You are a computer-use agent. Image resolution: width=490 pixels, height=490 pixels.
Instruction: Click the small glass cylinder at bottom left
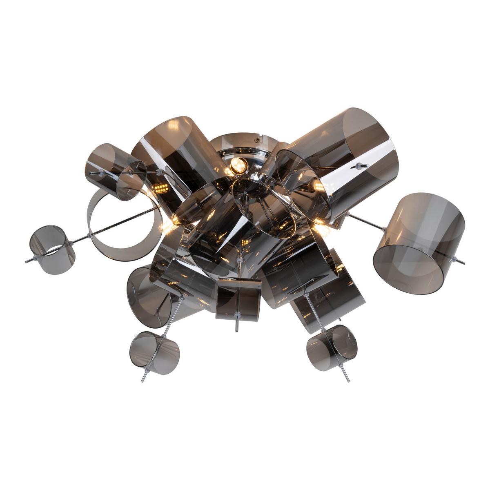click(155, 350)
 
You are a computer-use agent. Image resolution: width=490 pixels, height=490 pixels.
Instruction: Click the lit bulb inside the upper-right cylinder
click(316, 185)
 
